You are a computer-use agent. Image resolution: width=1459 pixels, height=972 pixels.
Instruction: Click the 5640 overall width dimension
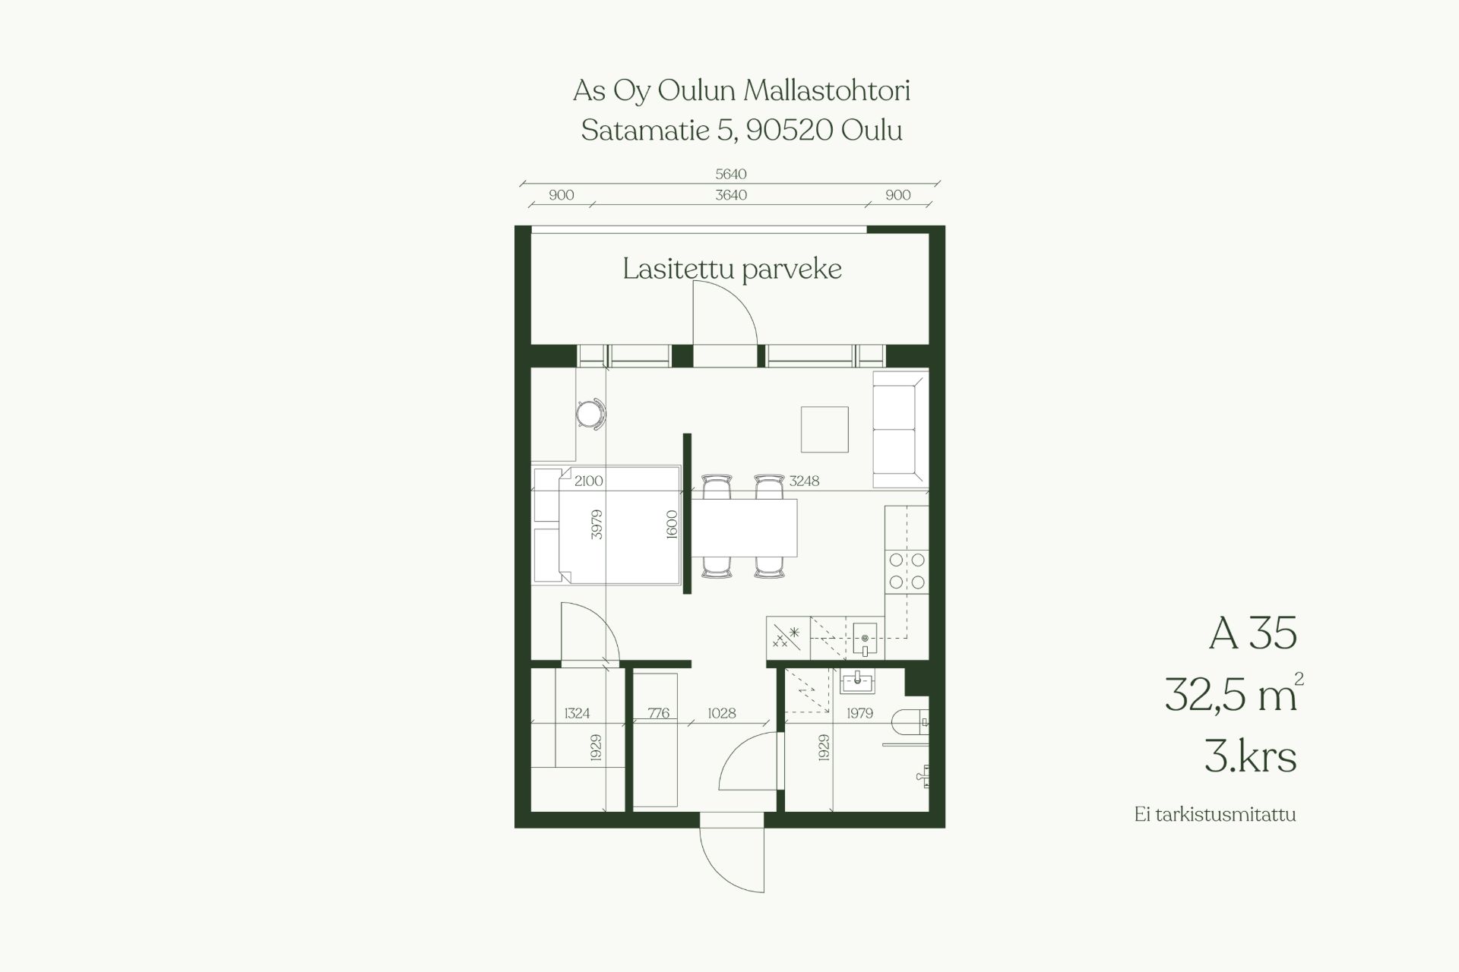(x=731, y=174)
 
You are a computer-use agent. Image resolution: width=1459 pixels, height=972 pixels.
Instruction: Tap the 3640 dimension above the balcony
(x=731, y=195)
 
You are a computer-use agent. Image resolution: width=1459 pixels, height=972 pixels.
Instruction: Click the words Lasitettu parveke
(x=732, y=269)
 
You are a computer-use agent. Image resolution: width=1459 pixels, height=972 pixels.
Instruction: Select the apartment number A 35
(x=1252, y=633)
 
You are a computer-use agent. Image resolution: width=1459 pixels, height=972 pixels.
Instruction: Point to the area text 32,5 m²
(x=1233, y=693)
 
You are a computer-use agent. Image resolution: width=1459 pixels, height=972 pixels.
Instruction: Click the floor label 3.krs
(x=1250, y=756)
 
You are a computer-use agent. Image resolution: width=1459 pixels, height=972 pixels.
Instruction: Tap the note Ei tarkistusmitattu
(x=1214, y=815)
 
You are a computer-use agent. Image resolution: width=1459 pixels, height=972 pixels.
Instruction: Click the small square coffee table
(x=824, y=429)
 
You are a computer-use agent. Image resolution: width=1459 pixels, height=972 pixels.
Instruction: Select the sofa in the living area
(x=900, y=429)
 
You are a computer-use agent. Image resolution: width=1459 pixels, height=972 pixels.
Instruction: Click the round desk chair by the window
(x=590, y=414)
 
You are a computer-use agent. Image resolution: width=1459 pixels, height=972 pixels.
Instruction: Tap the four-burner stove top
(x=907, y=571)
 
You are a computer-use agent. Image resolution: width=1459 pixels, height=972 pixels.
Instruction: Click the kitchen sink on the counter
(x=865, y=639)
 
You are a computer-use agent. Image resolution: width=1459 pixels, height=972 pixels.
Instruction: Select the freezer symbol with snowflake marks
(x=788, y=637)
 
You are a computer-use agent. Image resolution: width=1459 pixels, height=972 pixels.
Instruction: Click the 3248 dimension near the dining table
(x=804, y=481)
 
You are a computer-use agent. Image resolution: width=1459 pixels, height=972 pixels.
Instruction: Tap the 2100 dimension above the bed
(x=589, y=481)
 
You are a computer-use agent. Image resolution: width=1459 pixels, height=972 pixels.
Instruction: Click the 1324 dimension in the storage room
(x=577, y=713)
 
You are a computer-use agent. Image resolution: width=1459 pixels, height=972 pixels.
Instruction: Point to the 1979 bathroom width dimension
(x=859, y=713)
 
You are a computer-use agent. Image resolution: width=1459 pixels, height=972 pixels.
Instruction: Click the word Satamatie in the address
(x=645, y=131)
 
